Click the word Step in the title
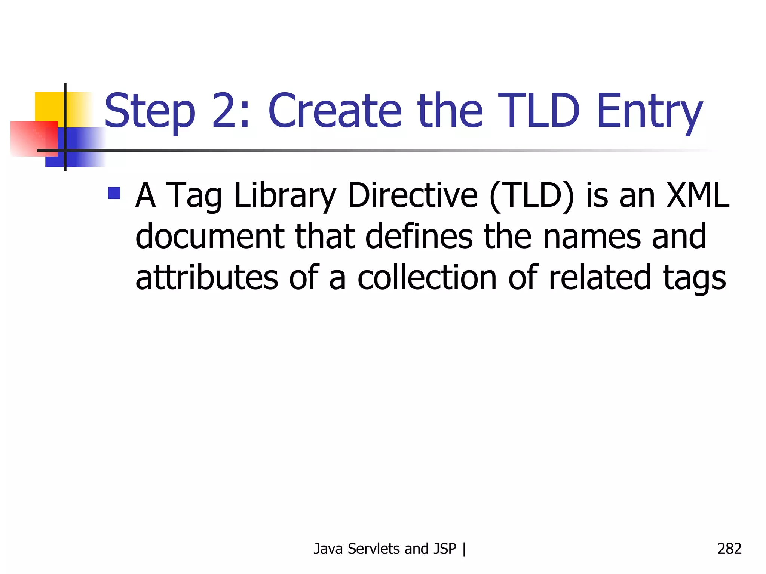(x=150, y=111)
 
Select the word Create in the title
(x=335, y=111)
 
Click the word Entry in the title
(x=649, y=111)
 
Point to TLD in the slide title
(x=539, y=111)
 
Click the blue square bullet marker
(x=114, y=193)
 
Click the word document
(x=209, y=236)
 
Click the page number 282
(x=729, y=549)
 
